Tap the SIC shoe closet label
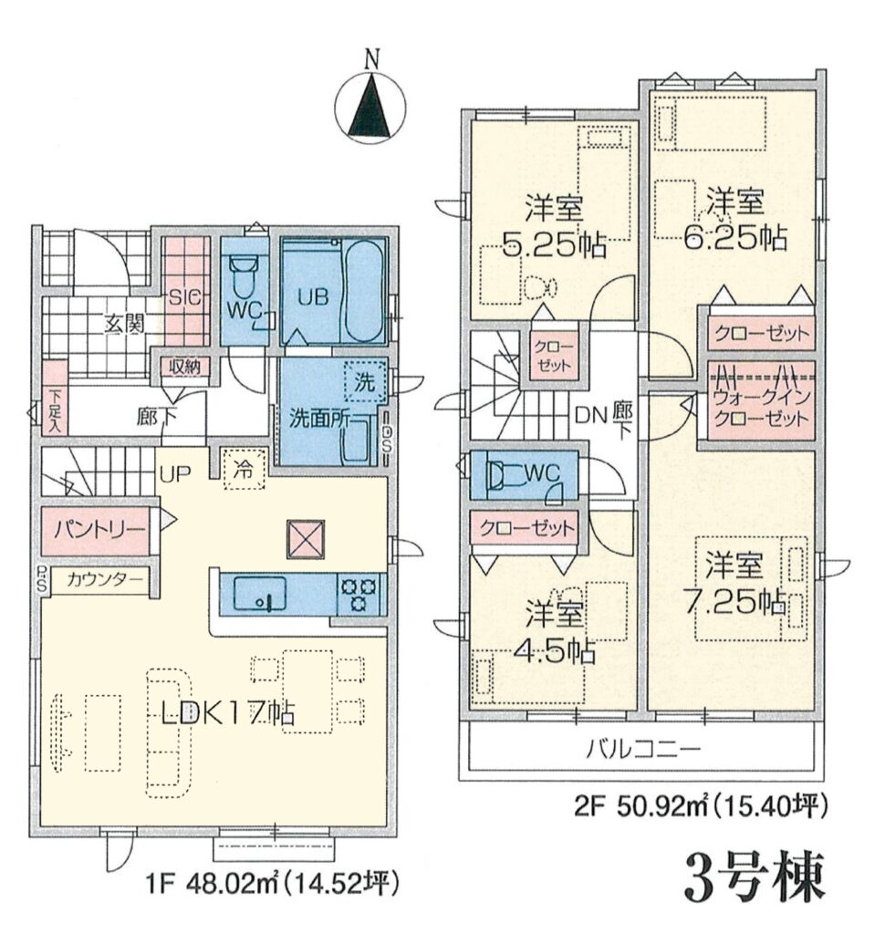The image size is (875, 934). (186, 297)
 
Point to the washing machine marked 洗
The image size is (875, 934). (365, 382)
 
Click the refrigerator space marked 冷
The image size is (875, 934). (244, 470)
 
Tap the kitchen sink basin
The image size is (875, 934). (259, 593)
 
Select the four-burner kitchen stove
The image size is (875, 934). (359, 594)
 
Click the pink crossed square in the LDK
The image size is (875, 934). (305, 539)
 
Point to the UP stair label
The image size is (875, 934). (174, 473)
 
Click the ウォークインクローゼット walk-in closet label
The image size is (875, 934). (761, 407)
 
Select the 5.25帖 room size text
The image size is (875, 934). (555, 244)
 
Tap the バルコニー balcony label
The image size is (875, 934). (642, 748)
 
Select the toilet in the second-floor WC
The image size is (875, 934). (496, 474)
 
